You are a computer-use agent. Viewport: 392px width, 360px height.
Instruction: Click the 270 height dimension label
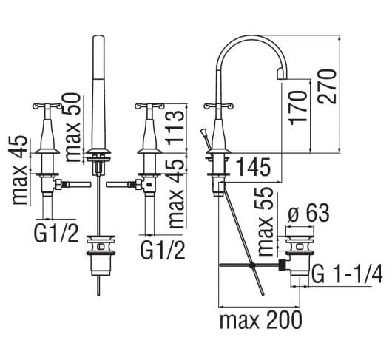tap(326, 86)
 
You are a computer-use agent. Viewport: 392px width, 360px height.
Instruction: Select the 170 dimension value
tap(297, 107)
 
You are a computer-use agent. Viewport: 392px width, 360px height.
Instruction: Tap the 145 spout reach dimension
tap(253, 167)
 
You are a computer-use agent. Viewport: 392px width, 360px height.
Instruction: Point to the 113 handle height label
tap(175, 128)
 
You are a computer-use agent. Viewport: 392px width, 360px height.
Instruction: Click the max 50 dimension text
tap(72, 127)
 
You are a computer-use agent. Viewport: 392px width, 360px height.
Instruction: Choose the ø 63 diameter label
tap(308, 214)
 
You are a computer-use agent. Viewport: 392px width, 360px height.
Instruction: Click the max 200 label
tap(260, 320)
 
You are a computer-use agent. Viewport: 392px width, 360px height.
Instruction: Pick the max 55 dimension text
tap(265, 221)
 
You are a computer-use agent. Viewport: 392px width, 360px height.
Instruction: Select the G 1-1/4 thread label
tap(348, 274)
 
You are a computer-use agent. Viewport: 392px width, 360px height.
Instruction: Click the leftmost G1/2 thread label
tap(56, 233)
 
